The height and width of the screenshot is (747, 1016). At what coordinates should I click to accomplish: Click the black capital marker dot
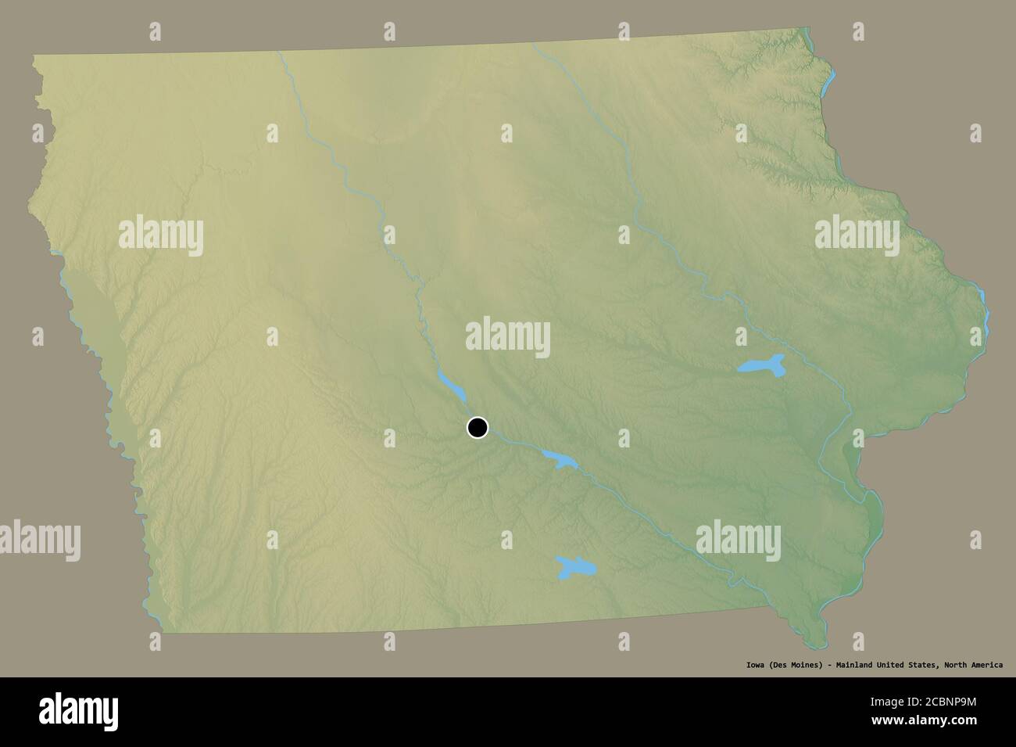click(478, 428)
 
